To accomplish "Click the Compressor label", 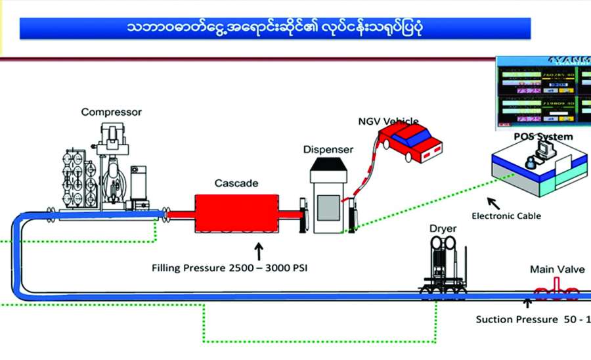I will click(x=111, y=112).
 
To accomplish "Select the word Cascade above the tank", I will click(x=236, y=183).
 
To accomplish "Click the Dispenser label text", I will click(x=328, y=149).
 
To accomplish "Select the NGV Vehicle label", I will click(x=387, y=122).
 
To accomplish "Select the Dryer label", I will click(x=443, y=228).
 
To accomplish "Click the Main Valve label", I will click(x=554, y=269).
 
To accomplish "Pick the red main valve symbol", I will click(x=556, y=291).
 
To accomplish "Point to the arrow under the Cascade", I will click(x=258, y=250).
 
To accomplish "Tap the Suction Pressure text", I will click(x=532, y=320).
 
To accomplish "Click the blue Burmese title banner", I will click(x=275, y=28).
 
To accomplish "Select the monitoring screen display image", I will click(x=542, y=91).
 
